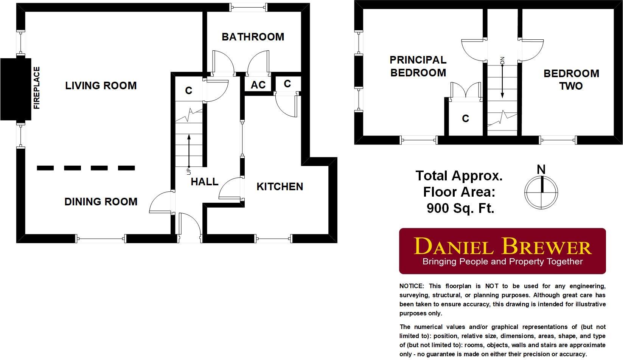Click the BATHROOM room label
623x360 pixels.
point(253,37)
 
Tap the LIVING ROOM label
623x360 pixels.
point(101,85)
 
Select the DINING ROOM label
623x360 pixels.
point(101,202)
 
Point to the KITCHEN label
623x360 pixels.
point(280,186)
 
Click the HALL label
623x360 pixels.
point(205,182)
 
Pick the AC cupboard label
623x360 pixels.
point(258,85)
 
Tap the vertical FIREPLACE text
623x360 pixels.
point(37,88)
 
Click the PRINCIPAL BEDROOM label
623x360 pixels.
point(418,66)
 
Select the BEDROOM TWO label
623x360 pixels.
point(571,79)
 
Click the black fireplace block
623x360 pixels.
point(15,89)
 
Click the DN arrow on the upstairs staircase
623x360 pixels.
point(502,81)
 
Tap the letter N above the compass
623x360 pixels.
point(541,169)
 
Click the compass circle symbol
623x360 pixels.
point(541,192)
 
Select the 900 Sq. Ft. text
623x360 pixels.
point(460,208)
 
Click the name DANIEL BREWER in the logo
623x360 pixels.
point(502,247)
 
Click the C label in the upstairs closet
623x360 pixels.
point(465,119)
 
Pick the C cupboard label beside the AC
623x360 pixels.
point(287,84)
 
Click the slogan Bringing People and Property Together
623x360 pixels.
point(502,262)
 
